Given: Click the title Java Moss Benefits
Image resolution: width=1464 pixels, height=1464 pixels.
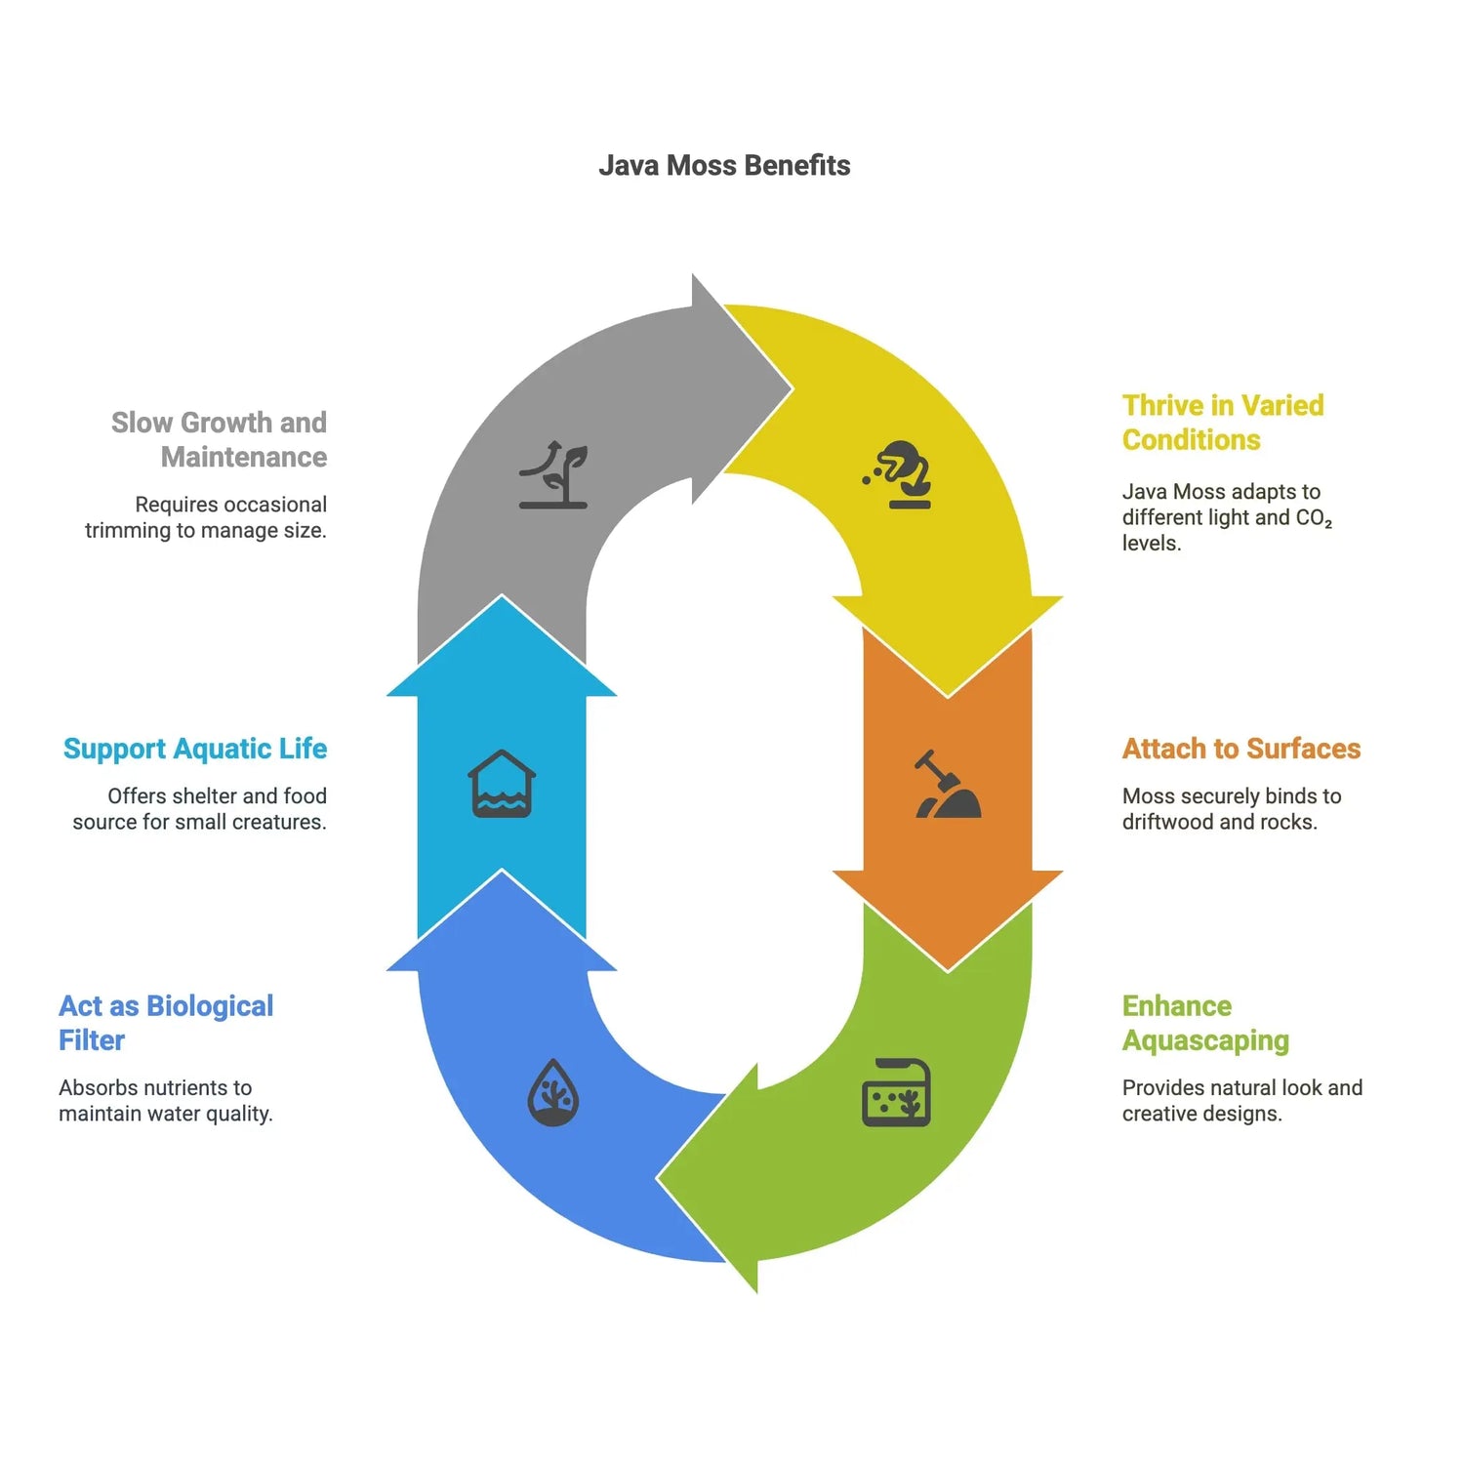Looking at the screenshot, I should tap(723, 166).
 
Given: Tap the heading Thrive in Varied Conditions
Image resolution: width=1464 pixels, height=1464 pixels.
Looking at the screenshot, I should tap(1222, 423).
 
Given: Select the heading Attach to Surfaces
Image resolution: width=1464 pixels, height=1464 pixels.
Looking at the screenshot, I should tap(1240, 749).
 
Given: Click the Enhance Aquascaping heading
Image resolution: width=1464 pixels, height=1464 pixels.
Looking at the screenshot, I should tap(1205, 1023).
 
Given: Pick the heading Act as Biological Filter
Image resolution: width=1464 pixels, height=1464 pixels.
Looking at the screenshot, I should tap(166, 1023).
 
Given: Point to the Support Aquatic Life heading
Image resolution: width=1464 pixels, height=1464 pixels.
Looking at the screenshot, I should tap(195, 749).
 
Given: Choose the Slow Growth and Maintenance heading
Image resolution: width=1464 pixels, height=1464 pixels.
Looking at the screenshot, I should tap(220, 439).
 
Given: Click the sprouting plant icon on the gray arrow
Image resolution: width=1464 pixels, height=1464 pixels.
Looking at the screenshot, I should tap(553, 474).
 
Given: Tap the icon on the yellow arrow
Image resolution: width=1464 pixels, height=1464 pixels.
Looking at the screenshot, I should tap(899, 474).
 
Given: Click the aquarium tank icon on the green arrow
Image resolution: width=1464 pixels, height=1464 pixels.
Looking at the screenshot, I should tap(896, 1092).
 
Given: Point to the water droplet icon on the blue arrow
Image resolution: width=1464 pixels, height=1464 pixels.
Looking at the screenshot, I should tap(553, 1092).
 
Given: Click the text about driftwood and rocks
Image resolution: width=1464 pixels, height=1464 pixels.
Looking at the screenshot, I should tap(1231, 809).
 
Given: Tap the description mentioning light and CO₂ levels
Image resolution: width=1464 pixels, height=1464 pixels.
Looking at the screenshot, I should tap(1226, 517).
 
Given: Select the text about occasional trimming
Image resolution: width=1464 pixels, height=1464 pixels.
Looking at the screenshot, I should tap(206, 517).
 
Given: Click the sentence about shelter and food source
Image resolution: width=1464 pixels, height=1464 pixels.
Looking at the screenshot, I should tap(200, 809).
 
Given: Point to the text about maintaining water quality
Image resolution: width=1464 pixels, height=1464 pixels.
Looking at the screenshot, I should tap(165, 1101).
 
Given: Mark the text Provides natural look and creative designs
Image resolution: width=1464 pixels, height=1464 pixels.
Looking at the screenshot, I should tap(1241, 1101).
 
